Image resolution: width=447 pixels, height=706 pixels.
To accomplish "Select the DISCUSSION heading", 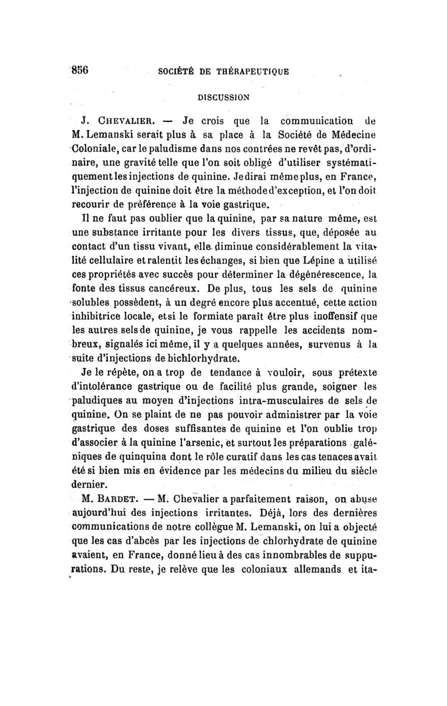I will coord(223,96).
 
